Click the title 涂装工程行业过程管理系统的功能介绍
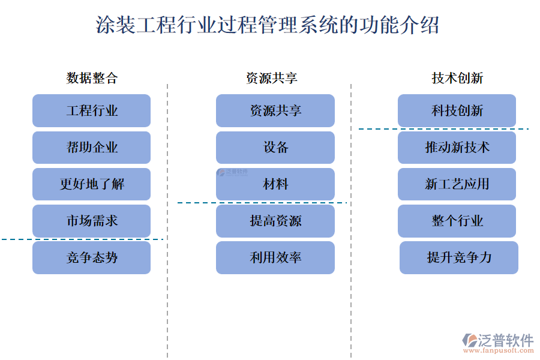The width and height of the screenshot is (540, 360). [268, 25]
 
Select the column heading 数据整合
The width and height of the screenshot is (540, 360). [92, 78]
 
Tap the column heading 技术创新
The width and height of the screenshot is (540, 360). [457, 78]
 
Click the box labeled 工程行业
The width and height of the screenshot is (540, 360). [92, 111]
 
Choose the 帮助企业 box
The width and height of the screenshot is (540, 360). [92, 148]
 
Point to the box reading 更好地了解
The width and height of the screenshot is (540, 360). [92, 184]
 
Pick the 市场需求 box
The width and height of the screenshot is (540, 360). [92, 221]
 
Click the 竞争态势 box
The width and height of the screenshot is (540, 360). [92, 258]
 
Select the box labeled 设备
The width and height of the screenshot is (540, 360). [275, 148]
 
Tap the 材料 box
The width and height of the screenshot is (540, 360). [275, 184]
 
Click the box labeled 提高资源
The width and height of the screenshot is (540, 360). [275, 221]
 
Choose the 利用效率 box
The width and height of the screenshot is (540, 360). [275, 258]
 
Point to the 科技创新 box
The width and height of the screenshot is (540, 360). [457, 111]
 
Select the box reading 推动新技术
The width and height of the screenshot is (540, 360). [457, 148]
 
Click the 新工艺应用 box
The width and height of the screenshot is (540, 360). [457, 184]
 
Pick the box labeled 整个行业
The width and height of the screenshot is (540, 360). [457, 221]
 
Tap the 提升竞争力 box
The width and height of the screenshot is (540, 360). [459, 258]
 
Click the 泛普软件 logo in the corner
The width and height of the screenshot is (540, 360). [498, 340]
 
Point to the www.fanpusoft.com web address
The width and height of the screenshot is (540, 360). [505, 352]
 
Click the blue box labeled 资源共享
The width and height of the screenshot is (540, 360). [275, 111]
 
